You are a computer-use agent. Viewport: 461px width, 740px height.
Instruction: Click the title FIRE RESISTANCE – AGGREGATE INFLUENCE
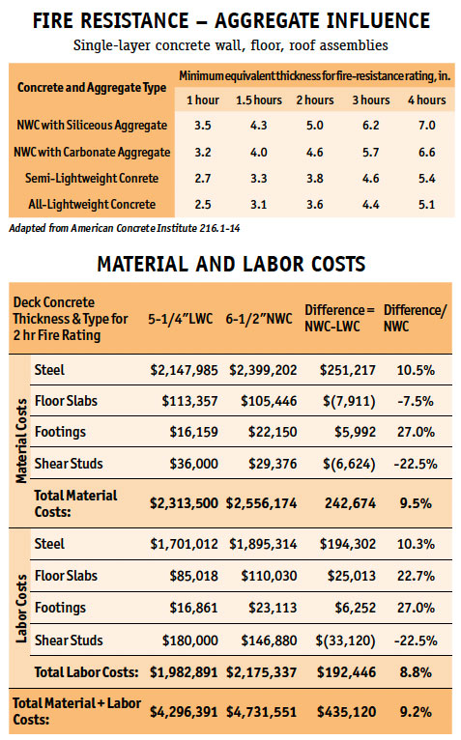tap(231, 20)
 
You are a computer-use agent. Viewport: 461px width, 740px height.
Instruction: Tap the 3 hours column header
tap(371, 100)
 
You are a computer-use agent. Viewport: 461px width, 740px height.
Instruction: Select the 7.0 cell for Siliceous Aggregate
tap(426, 126)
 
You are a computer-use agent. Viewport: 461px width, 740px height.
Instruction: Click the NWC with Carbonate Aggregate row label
tap(92, 152)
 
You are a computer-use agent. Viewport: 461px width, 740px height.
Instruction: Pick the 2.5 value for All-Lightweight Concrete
tap(203, 205)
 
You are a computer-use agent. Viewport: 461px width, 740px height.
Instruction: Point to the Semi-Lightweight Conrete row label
tap(92, 179)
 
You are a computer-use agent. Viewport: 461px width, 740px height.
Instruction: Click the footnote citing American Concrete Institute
tap(125, 228)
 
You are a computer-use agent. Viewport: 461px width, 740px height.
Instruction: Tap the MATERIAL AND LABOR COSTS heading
tap(231, 264)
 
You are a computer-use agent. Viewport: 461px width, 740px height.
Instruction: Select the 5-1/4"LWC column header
tap(180, 319)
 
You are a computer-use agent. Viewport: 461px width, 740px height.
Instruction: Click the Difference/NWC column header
tap(415, 318)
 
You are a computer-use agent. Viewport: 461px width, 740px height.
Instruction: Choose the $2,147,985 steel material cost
tap(185, 370)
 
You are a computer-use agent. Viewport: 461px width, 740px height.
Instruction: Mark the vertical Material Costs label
tap(21, 441)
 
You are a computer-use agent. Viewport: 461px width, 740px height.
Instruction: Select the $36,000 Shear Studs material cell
tap(193, 464)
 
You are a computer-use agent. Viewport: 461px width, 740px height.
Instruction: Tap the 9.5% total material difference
tap(416, 503)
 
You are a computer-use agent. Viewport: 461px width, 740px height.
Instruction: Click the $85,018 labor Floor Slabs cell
tap(193, 576)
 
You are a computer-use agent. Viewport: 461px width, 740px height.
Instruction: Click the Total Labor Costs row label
tap(86, 672)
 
